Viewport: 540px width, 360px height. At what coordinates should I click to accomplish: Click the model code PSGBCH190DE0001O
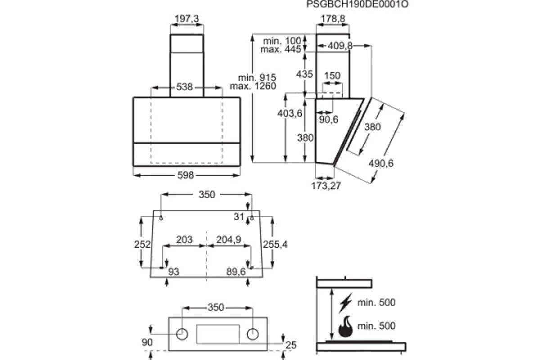click(357, 4)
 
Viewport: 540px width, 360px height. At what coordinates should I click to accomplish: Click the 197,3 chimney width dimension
click(187, 18)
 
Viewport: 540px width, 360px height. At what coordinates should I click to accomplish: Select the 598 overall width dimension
click(185, 175)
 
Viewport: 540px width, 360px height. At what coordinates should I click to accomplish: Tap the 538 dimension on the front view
click(184, 87)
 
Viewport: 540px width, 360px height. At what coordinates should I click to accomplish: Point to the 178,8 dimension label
click(333, 18)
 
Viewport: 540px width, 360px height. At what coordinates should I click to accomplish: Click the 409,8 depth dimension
click(340, 45)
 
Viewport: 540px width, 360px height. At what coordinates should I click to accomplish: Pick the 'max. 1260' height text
click(253, 86)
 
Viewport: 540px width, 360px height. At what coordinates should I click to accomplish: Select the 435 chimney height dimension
click(305, 74)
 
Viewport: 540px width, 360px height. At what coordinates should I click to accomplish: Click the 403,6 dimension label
click(289, 113)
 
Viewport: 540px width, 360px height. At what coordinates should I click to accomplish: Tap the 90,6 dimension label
click(329, 119)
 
